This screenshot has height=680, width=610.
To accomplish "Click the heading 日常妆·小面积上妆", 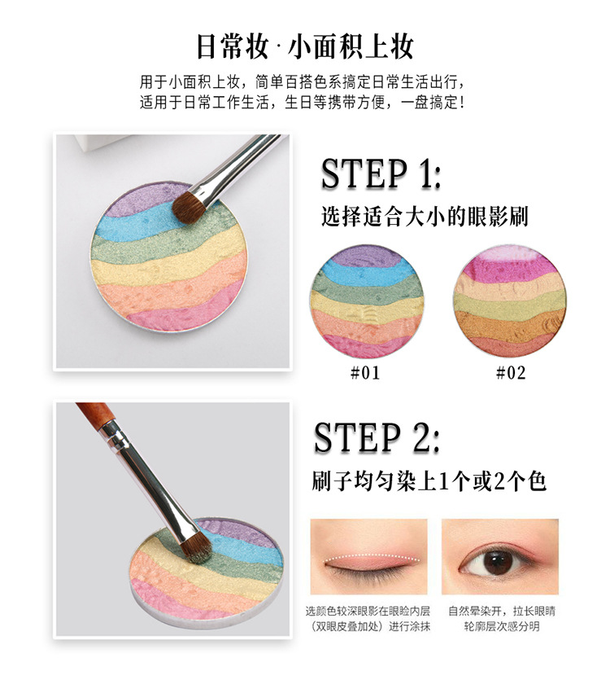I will (x=305, y=45).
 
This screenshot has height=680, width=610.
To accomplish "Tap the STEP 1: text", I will (x=381, y=174).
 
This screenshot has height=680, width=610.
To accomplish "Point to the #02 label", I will (x=510, y=373).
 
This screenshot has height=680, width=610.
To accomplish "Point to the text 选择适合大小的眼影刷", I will (x=425, y=217).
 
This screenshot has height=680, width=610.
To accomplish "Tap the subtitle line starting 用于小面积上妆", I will (x=304, y=82).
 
